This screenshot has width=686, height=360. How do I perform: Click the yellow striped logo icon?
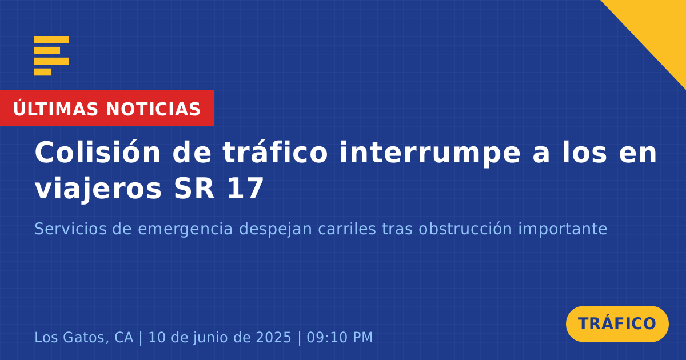pyautogui.click(x=51, y=56)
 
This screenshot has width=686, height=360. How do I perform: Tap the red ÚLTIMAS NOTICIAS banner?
pyautogui.click(x=107, y=108)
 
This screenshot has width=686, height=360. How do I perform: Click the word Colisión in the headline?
pyautogui.click(x=98, y=153)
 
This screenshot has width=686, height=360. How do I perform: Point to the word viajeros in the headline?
pyautogui.click(x=98, y=189)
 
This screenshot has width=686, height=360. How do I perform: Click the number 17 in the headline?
pyautogui.click(x=245, y=189)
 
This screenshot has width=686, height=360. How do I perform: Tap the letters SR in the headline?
pyautogui.click(x=194, y=189)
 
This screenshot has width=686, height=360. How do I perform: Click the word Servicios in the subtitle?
pyautogui.click(x=70, y=229)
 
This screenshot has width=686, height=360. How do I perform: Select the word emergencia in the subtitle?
pyautogui.click(x=185, y=230)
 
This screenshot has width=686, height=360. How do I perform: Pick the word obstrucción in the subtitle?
pyautogui.click(x=465, y=229)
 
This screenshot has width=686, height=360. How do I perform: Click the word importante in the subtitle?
pyautogui.click(x=563, y=230)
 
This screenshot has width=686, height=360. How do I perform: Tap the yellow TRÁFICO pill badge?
pyautogui.click(x=617, y=324)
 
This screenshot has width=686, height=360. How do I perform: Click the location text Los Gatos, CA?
pyautogui.click(x=84, y=338)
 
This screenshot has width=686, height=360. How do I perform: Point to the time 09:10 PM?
pyautogui.click(x=340, y=338)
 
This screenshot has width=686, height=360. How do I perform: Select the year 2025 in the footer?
pyautogui.click(x=273, y=338)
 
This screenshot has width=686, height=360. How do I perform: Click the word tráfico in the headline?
pyautogui.click(x=275, y=153)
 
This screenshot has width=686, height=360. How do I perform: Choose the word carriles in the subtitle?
pyautogui.click(x=346, y=229)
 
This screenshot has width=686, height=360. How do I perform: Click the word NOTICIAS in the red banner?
pyautogui.click(x=153, y=109)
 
